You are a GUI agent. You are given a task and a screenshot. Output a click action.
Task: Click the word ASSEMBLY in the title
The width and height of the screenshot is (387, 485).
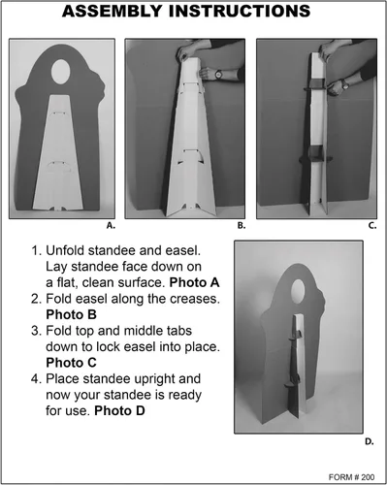click(113, 11)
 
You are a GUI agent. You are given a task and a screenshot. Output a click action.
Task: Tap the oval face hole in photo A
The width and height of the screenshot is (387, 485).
click(61, 72)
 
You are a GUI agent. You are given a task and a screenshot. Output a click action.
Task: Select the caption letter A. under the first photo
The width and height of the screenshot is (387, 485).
click(111, 226)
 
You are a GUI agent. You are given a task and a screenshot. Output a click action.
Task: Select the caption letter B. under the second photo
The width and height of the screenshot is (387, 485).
click(242, 226)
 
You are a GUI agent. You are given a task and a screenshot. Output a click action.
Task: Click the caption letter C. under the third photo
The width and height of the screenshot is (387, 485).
click(372, 226)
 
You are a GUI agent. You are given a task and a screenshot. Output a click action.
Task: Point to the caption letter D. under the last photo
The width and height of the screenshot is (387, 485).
click(370, 441)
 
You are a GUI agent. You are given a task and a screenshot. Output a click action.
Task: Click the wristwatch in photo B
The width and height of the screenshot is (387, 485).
click(218, 74)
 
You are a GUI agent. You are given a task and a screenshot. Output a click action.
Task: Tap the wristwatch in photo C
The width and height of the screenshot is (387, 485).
click(345, 84)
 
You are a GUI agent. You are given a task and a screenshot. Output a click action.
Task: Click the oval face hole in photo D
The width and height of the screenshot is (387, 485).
click(298, 291)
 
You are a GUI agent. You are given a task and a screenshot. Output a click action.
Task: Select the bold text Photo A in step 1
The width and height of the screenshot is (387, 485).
click(195, 282)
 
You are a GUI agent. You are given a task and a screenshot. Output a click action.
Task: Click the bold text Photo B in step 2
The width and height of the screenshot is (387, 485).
click(71, 314)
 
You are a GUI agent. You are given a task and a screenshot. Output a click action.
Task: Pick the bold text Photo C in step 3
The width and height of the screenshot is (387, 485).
click(71, 363)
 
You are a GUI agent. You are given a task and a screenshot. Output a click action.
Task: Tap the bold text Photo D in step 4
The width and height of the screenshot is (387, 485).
click(119, 411)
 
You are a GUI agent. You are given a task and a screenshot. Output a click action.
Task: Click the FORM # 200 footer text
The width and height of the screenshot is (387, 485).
click(351, 477)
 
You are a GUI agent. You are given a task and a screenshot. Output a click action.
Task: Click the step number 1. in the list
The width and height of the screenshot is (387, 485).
click(36, 250)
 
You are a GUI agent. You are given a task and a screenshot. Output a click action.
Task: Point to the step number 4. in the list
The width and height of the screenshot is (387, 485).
click(36, 379)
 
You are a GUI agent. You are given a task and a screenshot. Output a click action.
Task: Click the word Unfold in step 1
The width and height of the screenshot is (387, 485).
click(65, 250)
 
